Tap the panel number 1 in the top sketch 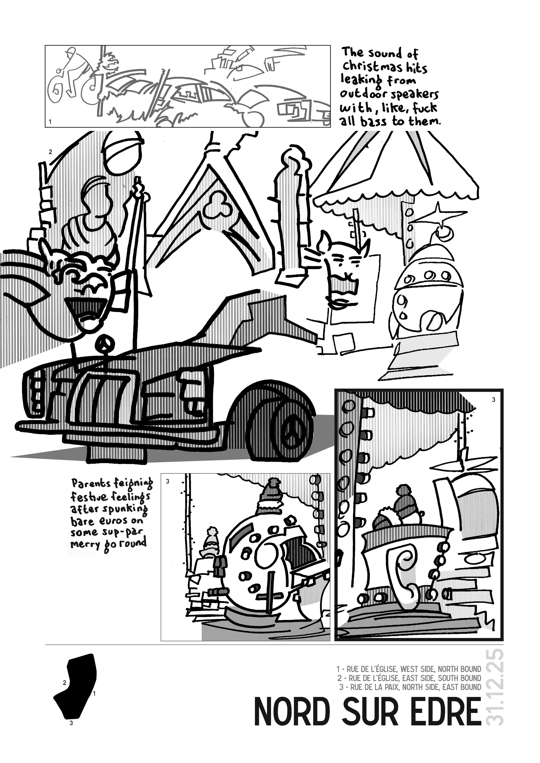tap(50, 122)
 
